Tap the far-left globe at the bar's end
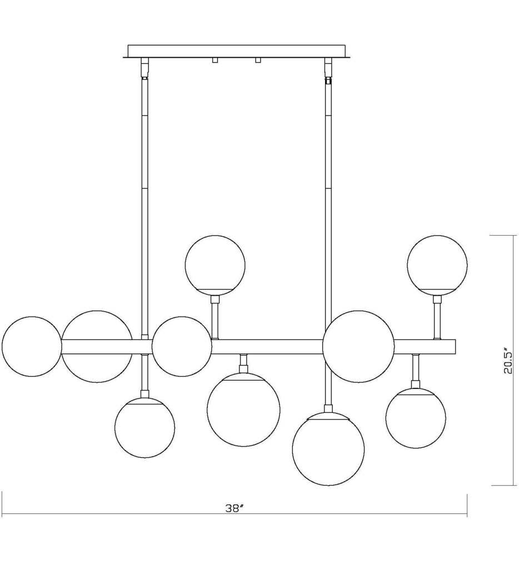tap(32, 347)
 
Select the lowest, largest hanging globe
tap(328, 449)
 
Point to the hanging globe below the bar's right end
tap(416, 418)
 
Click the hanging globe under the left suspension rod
tap(145, 427)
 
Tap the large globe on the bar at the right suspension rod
tap(358, 347)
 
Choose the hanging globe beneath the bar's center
tap(243, 410)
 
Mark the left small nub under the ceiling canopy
tap(214, 60)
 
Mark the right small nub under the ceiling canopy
tap(258, 60)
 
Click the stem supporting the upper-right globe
tap(438, 318)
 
